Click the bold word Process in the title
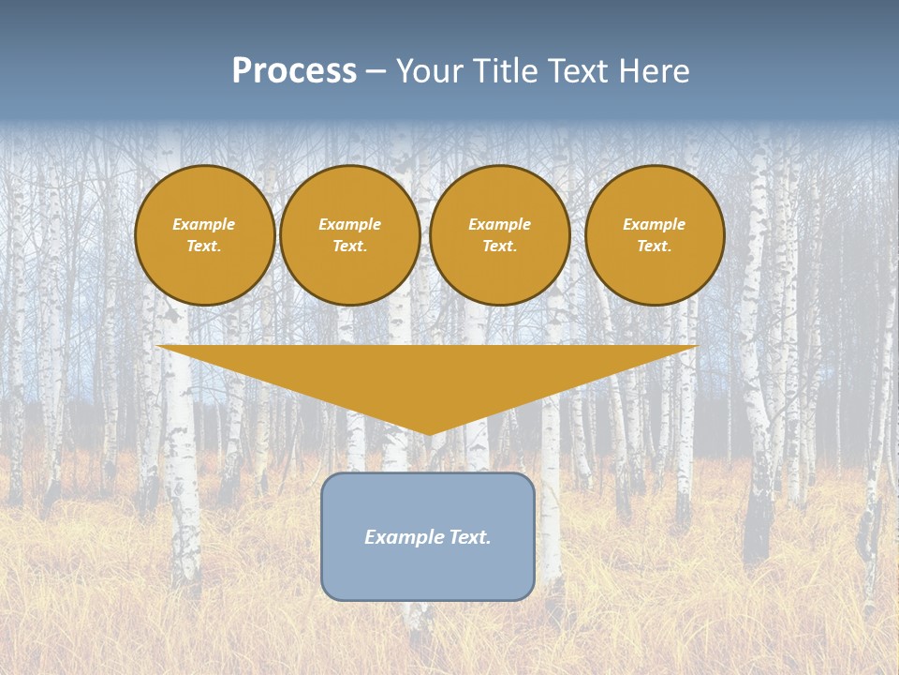[294, 71]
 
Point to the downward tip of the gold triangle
[429, 433]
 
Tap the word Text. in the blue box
[467, 537]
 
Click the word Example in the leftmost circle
[204, 224]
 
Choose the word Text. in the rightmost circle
[655, 246]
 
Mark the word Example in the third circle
[500, 224]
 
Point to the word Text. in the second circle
[350, 246]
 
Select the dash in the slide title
[376, 72]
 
